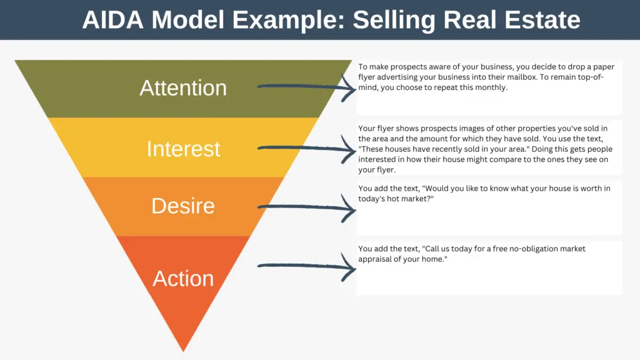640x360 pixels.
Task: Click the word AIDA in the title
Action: [112, 19]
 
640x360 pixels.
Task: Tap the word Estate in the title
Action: [542, 19]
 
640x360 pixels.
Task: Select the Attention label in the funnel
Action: [183, 87]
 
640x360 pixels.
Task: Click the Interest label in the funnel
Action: [183, 149]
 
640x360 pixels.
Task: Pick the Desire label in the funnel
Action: [183, 206]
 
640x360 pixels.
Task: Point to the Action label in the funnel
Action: [183, 278]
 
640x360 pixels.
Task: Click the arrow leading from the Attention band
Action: [306, 87]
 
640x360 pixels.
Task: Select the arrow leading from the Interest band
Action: [306, 149]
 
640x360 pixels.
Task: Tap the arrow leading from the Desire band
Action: [306, 207]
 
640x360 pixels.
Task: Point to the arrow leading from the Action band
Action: [306, 266]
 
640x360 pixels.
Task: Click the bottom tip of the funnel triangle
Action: [183, 351]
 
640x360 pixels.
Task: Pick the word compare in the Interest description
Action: [531, 159]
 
